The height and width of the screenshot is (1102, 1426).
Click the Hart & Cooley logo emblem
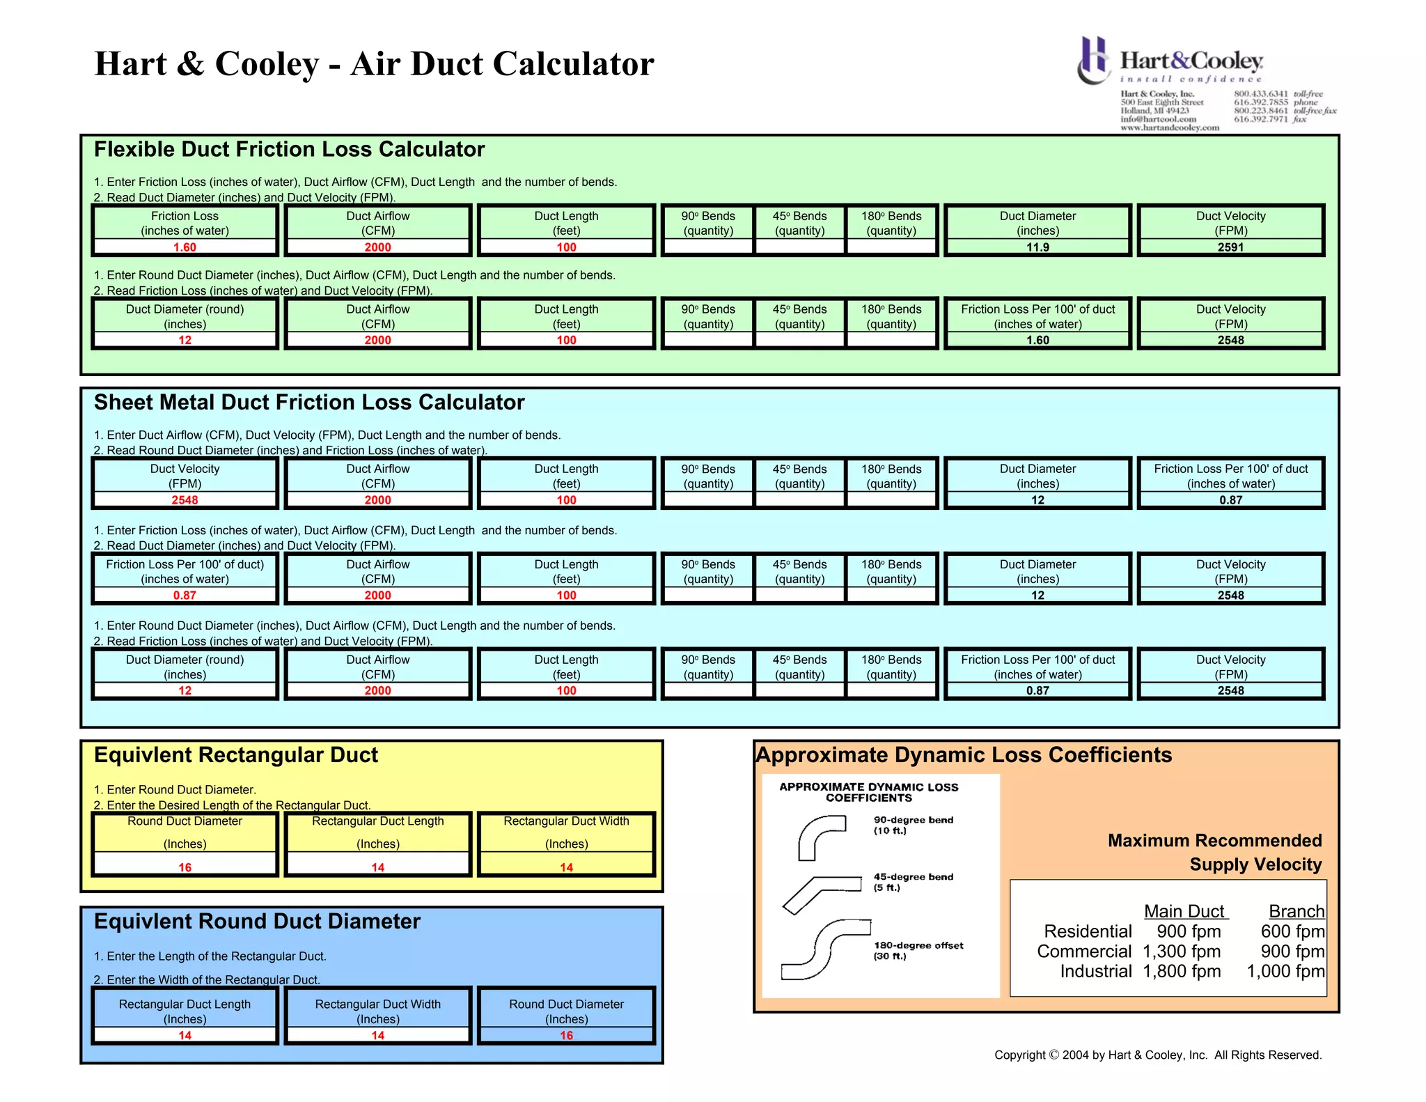[x=1094, y=61]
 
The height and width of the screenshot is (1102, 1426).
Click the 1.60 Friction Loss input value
[x=185, y=247]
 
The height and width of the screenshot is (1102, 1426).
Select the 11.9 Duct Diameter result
[x=1037, y=247]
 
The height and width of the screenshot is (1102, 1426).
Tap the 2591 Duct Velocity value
[x=1230, y=247]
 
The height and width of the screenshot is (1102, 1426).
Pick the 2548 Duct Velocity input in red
[x=185, y=500]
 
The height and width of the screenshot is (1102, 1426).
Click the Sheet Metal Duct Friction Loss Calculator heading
[x=309, y=403]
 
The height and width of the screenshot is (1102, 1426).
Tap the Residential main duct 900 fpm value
[x=1189, y=931]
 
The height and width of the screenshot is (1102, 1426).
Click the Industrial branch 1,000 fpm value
[x=1285, y=971]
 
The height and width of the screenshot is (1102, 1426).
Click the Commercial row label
[x=1084, y=952]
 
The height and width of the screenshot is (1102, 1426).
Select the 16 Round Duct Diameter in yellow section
[x=185, y=867]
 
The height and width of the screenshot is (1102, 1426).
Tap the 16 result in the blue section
[x=566, y=1036]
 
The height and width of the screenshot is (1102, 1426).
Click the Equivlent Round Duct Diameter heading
[x=257, y=922]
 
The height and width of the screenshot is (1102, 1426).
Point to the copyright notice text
[x=1157, y=1055]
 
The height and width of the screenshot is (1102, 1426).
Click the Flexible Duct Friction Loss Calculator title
[x=289, y=150]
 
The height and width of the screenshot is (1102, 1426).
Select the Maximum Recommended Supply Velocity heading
[x=1215, y=853]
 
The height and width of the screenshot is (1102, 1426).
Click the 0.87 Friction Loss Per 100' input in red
[x=185, y=596]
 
